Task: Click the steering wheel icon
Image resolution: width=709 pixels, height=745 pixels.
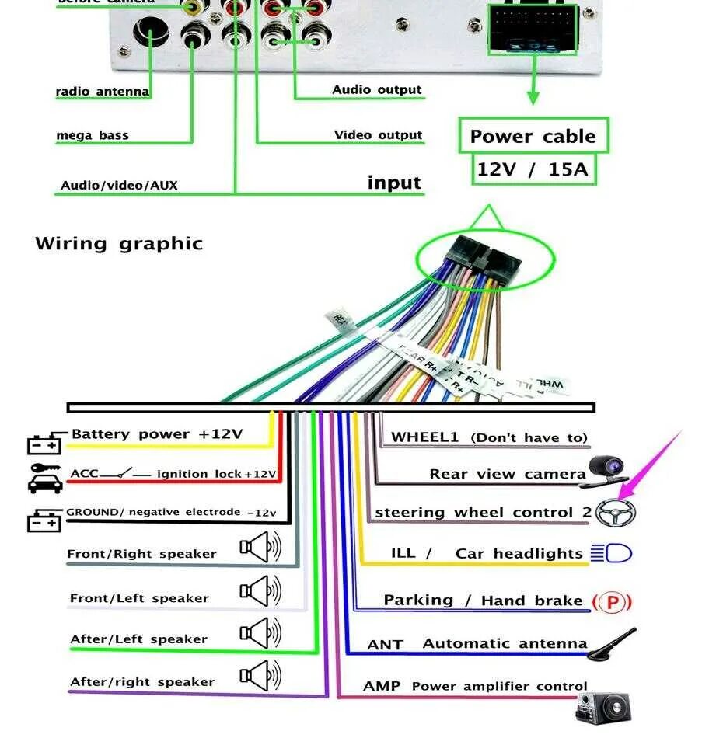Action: (x=616, y=512)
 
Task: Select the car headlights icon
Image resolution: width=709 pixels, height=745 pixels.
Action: (x=611, y=553)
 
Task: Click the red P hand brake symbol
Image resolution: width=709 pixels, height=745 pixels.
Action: (x=612, y=601)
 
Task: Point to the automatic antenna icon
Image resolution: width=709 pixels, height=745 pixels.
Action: (x=611, y=645)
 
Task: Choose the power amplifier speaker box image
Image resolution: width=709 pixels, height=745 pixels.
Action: (x=603, y=706)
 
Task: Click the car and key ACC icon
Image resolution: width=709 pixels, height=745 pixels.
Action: (x=44, y=478)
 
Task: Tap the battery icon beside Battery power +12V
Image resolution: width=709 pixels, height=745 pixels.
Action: (x=44, y=444)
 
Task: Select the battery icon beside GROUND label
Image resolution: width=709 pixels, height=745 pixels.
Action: (x=44, y=520)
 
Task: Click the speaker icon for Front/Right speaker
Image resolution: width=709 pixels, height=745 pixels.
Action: (x=260, y=548)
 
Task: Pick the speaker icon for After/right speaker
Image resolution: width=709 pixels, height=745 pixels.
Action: (x=260, y=676)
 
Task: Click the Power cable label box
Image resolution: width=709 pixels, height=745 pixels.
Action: (x=533, y=137)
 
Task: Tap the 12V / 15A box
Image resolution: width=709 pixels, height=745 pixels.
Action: (x=533, y=169)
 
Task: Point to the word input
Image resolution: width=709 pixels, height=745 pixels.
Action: (x=394, y=183)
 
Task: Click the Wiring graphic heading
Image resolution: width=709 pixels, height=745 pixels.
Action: (x=119, y=243)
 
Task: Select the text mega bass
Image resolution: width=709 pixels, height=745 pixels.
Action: (x=93, y=136)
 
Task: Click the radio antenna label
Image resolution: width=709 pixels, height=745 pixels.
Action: (x=103, y=92)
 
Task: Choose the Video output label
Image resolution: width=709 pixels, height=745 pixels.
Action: (x=379, y=135)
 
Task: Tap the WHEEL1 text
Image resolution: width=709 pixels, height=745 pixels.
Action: (x=425, y=437)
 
